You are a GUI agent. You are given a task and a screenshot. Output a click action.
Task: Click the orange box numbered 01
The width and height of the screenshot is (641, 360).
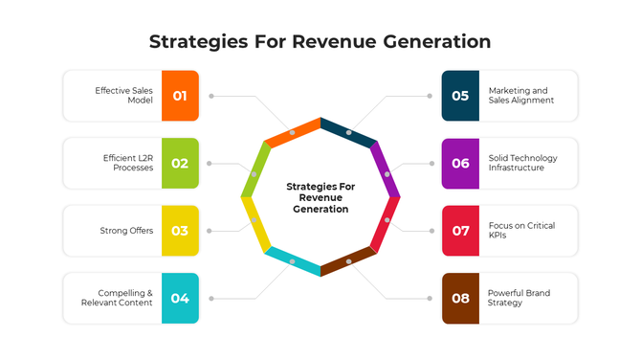coord(180,96)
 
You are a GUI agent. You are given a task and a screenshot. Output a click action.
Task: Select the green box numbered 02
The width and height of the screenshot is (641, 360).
coord(180,163)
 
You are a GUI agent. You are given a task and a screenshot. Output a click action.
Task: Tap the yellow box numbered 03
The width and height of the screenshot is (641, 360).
coord(180,231)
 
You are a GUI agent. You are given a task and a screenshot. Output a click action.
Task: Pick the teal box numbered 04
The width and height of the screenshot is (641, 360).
coord(180,298)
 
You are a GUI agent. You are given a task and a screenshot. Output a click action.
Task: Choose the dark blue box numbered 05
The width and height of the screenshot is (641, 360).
coord(460,96)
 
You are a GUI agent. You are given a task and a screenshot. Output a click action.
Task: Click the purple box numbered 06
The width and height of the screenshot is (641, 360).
coord(460,163)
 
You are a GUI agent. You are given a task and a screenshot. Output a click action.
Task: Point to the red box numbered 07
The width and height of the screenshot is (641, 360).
coord(460,231)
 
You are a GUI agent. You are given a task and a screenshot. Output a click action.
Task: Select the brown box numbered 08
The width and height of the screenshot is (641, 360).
coord(460,298)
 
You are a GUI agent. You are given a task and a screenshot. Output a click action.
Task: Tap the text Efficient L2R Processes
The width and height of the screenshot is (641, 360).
coord(127,163)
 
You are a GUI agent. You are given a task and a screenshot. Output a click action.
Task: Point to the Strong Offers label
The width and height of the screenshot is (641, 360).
coord(126,231)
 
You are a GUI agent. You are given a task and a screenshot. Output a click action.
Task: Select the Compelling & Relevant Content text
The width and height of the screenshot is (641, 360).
coord(125,298)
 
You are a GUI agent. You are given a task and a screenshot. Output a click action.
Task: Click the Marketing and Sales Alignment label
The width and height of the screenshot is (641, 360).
coord(520,96)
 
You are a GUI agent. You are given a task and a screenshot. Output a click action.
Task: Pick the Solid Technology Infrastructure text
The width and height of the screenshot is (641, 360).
coord(522,163)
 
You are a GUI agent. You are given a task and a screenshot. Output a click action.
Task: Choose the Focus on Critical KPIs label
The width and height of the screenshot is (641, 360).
coord(520,231)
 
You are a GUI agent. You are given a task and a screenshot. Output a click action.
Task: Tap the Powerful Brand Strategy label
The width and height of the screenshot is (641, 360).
coord(519,298)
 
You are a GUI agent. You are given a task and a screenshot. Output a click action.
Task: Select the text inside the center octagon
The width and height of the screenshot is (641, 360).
coord(320,197)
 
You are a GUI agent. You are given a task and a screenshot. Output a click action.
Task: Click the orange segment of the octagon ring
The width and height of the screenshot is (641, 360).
coord(292,132)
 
